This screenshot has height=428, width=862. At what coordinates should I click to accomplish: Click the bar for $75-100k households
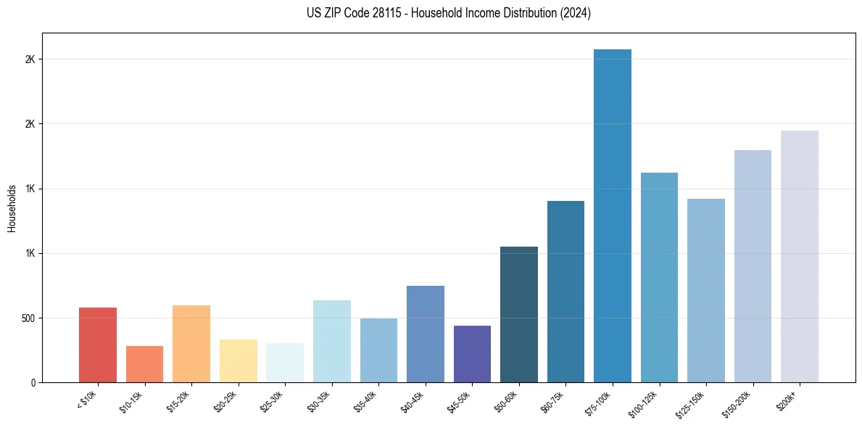point(612,218)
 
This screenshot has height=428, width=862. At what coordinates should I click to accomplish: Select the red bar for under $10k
point(98,345)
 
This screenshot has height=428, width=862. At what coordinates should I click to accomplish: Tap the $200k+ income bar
point(799,258)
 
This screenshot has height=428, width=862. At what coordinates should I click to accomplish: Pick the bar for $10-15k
point(144,364)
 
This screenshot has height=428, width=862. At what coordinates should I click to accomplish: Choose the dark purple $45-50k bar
point(471,354)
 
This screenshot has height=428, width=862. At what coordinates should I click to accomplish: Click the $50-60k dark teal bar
point(518,315)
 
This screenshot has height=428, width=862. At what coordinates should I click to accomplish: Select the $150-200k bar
point(753,267)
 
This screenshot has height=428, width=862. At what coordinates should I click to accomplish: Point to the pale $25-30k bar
point(285,363)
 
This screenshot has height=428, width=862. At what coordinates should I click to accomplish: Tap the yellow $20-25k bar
point(238,361)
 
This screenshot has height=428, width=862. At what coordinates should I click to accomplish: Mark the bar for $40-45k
point(425,334)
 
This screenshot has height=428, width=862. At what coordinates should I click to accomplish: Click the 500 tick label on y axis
point(28,318)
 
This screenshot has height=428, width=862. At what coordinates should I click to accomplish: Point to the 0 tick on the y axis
point(33,383)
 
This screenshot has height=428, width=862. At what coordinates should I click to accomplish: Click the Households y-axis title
point(12,208)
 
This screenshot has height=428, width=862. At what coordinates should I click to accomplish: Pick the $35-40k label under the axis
point(367,400)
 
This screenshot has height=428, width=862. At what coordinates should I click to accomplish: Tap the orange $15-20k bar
point(191,345)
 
